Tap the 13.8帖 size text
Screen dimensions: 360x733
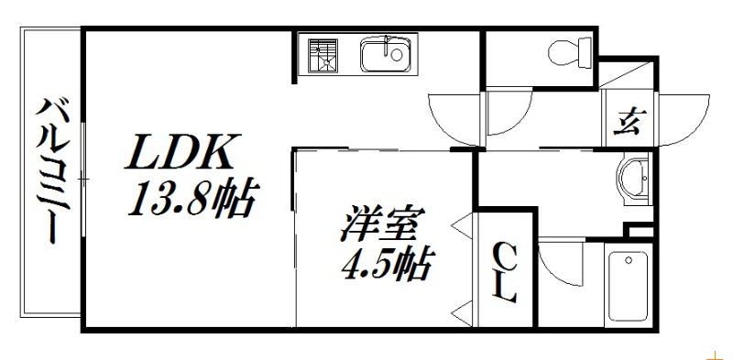[x=191, y=198]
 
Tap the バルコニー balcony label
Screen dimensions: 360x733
[x=50, y=171]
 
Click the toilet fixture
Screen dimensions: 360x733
[x=569, y=53]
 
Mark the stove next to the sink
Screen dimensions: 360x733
[x=322, y=55]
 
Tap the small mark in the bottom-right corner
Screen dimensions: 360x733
[x=714, y=352]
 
